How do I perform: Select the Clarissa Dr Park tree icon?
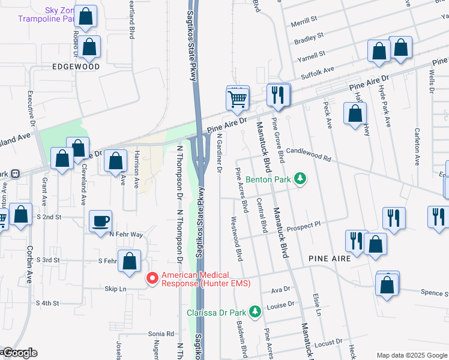[x=255, y=311]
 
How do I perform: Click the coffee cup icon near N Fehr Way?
[x=100, y=221]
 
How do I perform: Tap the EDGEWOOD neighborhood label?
[x=76, y=67]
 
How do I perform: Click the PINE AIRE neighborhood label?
[x=329, y=257]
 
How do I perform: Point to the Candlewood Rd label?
[x=309, y=154]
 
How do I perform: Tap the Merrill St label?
[x=304, y=20]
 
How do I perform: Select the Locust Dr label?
[x=328, y=344]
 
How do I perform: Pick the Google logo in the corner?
[x=19, y=353]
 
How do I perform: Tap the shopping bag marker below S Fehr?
[x=130, y=262]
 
